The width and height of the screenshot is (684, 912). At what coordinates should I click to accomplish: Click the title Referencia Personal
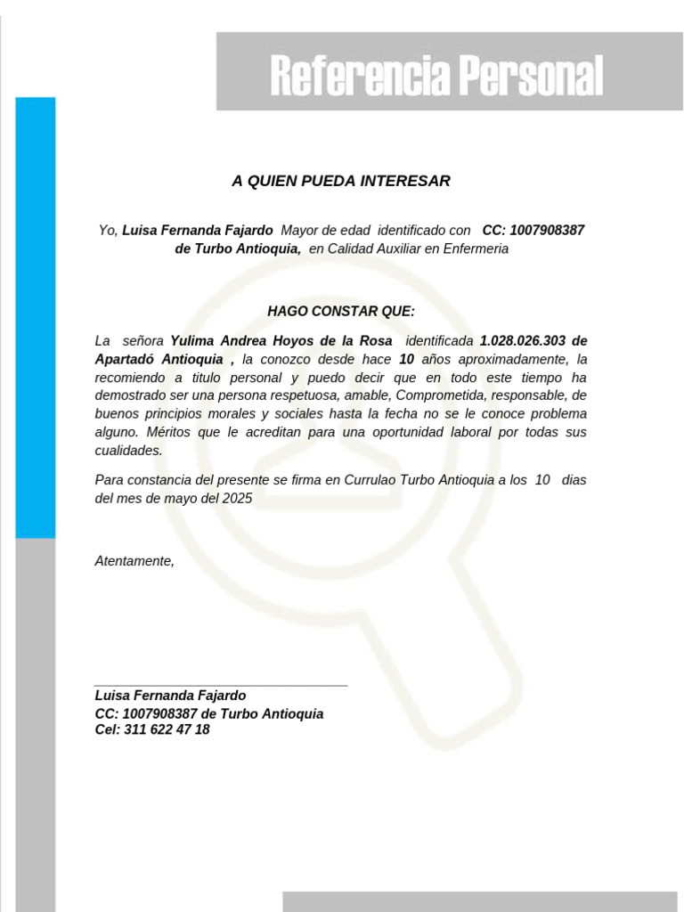436,76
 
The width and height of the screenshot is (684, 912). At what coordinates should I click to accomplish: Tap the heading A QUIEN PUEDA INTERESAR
341,182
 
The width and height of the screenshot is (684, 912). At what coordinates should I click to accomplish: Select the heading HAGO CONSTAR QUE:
341,311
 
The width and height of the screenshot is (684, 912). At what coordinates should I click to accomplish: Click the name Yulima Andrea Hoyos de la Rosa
281,341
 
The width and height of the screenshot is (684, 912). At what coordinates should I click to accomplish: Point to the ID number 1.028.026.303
521,341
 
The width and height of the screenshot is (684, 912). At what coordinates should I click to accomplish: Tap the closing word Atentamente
134,561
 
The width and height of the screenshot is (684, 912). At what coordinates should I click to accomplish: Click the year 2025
238,499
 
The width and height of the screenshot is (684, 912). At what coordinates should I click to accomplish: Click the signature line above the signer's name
221,686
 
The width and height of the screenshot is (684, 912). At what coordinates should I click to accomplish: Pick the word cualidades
128,451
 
